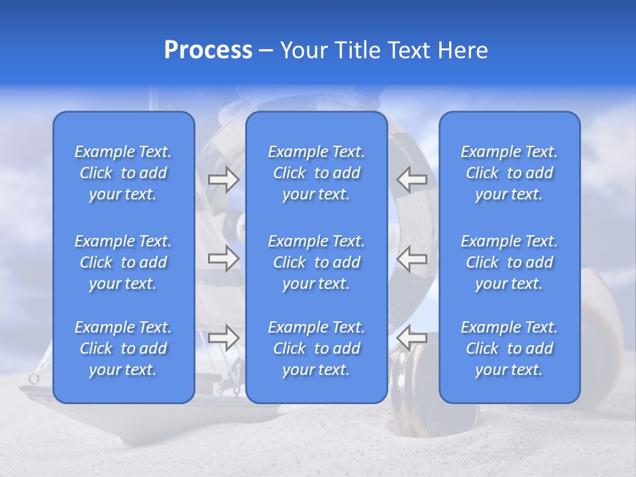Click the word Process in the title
(x=208, y=50)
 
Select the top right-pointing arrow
(x=223, y=179)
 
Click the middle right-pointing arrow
(x=223, y=258)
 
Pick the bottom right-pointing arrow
(x=223, y=338)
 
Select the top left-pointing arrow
(x=412, y=179)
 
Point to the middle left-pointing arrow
(x=412, y=258)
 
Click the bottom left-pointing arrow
(x=412, y=338)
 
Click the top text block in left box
(x=123, y=173)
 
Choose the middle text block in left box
(x=123, y=262)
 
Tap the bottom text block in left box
(x=123, y=348)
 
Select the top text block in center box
(x=316, y=173)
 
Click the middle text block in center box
(x=316, y=262)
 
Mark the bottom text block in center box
(x=316, y=348)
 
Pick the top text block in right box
(x=509, y=173)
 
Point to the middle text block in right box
(x=509, y=262)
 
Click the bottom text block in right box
(x=509, y=348)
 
